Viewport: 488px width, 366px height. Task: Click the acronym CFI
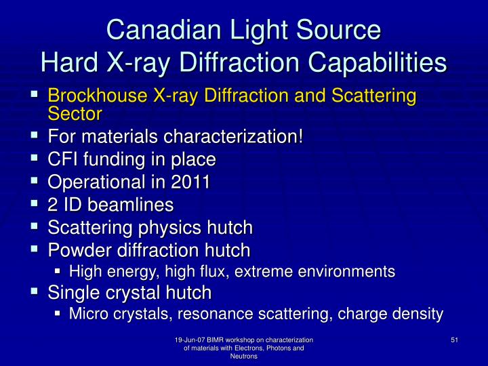point(65,160)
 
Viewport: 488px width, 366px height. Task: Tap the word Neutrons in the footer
point(244,357)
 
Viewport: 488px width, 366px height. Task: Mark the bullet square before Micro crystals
point(59,314)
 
